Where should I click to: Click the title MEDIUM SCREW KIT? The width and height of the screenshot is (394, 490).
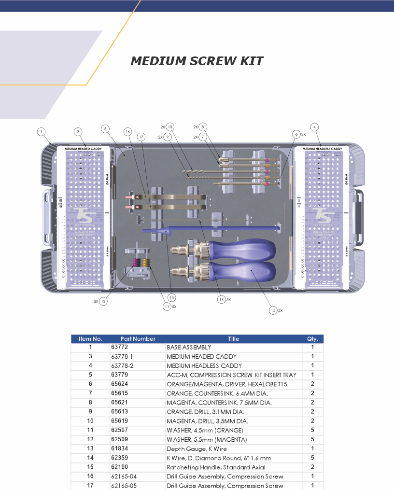[x=197, y=61]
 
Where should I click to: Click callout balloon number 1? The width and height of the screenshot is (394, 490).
[x=42, y=131]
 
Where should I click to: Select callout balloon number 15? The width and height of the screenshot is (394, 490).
[x=273, y=310]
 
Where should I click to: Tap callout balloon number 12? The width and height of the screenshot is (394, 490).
[x=103, y=301]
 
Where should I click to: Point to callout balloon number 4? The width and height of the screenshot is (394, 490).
[x=314, y=127]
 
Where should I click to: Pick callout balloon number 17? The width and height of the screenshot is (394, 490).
[x=141, y=137]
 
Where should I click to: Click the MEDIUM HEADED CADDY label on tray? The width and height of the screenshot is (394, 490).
[x=84, y=149]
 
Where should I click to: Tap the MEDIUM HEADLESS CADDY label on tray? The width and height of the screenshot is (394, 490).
[x=322, y=149]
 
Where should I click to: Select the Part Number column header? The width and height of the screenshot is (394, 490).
[x=138, y=339]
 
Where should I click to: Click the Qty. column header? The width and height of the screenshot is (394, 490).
[x=312, y=339]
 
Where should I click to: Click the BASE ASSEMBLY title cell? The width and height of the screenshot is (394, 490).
[x=189, y=347]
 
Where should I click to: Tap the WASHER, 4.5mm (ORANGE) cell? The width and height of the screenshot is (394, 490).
[x=205, y=430]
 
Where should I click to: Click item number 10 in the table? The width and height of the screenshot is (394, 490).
[x=90, y=421]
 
